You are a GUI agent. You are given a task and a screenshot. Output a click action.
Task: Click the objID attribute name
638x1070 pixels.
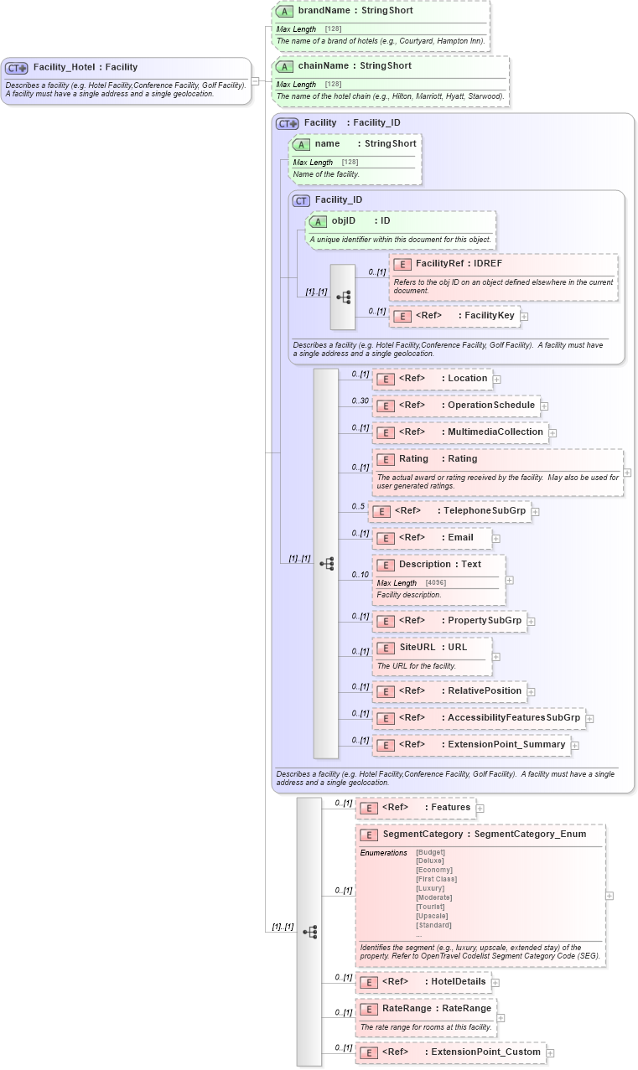coord(344,221)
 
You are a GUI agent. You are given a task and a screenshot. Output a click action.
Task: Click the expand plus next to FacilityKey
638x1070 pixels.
coord(524,317)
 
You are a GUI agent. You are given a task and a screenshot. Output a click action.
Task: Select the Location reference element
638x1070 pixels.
coord(467,379)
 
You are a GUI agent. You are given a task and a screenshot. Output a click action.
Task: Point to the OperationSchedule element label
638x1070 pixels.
coord(490,406)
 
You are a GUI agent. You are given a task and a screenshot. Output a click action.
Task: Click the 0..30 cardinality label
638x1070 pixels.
coord(360,401)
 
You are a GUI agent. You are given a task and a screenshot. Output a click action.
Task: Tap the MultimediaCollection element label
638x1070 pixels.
coord(495,432)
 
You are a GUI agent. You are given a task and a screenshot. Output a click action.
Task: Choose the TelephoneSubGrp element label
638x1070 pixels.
coord(485,511)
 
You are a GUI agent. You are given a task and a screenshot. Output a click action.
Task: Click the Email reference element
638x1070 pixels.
coord(460,538)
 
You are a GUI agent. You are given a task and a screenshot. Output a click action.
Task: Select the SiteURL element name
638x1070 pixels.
coord(417,648)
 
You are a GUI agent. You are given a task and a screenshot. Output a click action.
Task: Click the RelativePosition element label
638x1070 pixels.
coord(484,691)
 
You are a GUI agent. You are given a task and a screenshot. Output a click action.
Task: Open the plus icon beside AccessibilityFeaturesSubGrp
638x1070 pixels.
coord(589,719)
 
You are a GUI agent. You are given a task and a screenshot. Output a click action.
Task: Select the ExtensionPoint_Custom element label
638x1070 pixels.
coord(492,1052)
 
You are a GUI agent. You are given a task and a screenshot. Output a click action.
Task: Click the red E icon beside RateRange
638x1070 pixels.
coord(368,1009)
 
